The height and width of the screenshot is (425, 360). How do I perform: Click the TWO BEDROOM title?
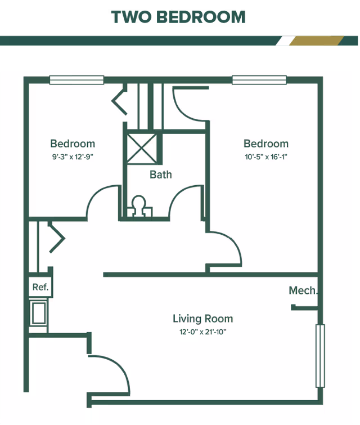(179, 17)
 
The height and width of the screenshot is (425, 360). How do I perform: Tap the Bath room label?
(160, 175)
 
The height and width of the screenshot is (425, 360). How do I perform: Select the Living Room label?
(202, 319)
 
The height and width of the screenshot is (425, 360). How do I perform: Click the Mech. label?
(303, 290)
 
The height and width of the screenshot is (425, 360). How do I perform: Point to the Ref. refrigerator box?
(40, 287)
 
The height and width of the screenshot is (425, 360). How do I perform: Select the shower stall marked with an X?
(142, 147)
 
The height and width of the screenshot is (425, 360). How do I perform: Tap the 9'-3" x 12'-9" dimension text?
(72, 156)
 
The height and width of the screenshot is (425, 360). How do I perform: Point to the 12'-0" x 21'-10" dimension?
(203, 332)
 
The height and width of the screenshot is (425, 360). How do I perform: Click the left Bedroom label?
(73, 144)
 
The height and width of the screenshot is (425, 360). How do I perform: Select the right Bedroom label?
(265, 144)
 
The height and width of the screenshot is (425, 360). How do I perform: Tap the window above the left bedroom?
(76, 80)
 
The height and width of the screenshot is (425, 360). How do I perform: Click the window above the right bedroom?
(259, 80)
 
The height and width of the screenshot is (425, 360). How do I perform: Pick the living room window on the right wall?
(320, 355)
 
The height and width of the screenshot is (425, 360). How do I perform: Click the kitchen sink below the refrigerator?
(39, 313)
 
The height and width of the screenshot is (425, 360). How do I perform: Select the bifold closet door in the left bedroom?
(119, 101)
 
